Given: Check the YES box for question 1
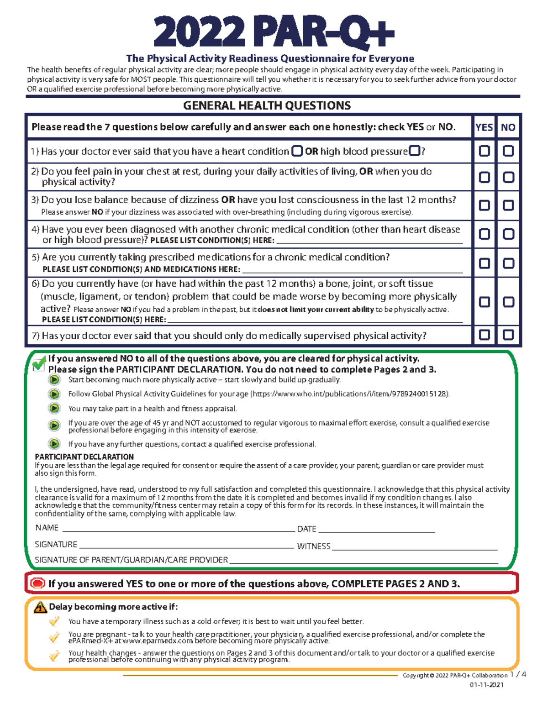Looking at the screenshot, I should point(484,151).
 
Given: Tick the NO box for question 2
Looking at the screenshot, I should point(508,177).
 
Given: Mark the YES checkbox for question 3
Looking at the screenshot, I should point(484,205).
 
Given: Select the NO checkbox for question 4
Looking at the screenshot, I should point(508,234).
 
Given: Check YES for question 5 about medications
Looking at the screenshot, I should point(484,263).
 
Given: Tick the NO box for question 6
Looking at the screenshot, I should point(508,302).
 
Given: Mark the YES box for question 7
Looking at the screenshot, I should point(484,335).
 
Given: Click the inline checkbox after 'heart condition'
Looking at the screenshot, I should point(297,151).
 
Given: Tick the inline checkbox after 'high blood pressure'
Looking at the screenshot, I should point(415,151).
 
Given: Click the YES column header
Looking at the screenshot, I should point(484,127).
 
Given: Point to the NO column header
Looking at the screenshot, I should point(508,127).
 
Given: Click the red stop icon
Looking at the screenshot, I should point(37,583).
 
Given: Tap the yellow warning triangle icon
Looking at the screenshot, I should point(40,607).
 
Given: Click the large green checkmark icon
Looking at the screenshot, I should point(39,364).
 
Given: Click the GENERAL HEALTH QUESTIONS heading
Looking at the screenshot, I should point(267,106).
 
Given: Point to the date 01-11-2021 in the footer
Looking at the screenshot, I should point(486,685).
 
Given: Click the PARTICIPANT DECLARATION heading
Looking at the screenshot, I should point(84,457).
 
